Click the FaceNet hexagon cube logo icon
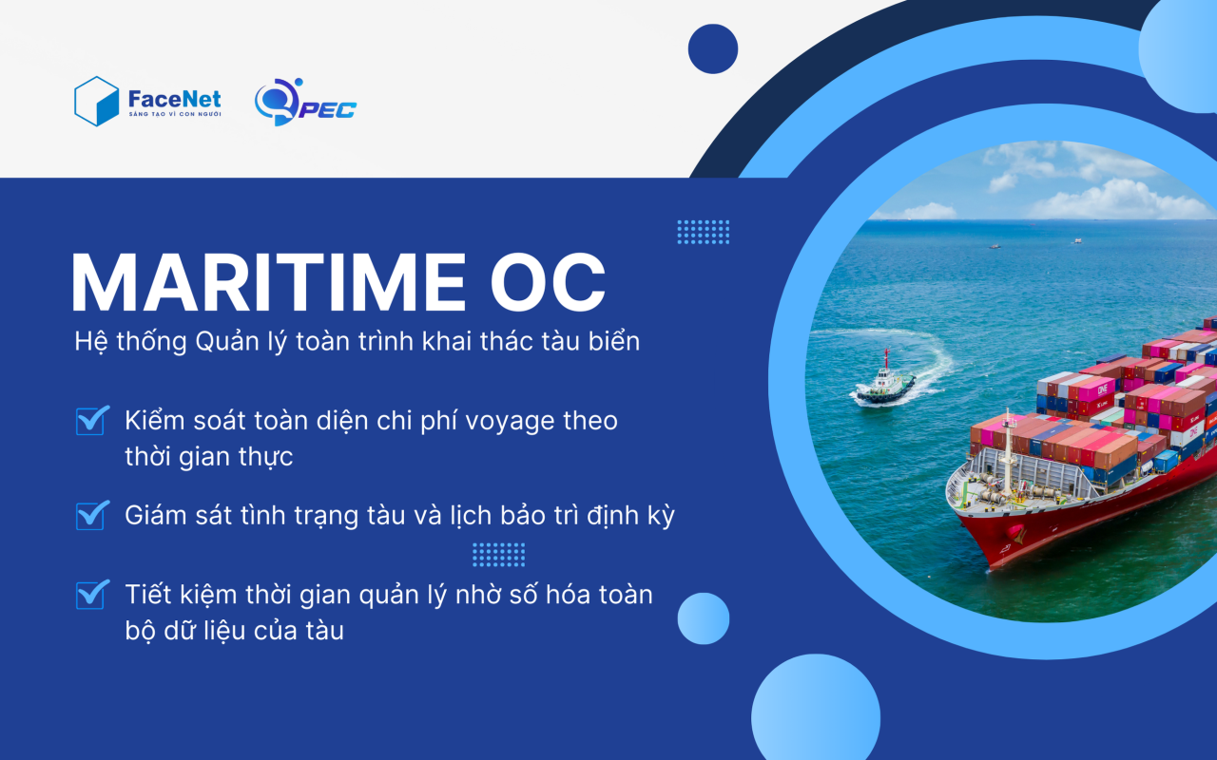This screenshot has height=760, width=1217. tap(96, 102)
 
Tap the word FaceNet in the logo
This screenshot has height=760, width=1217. tap(174, 100)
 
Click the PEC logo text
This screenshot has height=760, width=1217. tap(328, 109)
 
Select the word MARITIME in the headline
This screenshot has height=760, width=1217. tap(268, 282)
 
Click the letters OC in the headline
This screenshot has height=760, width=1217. tap(548, 282)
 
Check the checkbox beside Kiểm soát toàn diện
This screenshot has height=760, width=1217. tap(91, 420)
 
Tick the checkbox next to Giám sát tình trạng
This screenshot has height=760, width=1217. tap(91, 515)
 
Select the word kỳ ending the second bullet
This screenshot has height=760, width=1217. tap(661, 516)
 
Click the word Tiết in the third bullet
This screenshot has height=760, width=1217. tap(146, 595)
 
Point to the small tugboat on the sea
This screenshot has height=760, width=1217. tap(884, 380)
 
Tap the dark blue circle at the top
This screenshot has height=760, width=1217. tap(713, 48)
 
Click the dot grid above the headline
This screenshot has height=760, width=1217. tap(704, 232)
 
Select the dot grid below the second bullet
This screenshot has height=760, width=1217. tap(499, 555)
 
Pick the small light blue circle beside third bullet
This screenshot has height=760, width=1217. tap(704, 618)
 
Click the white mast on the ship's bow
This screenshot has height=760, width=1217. tap(1008, 450)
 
